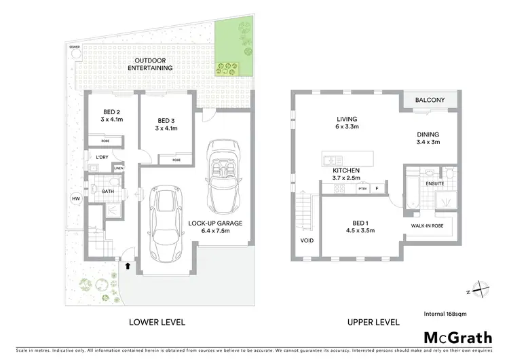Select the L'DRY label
(x=102, y=158)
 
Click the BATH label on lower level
(x=109, y=192)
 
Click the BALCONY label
(x=430, y=101)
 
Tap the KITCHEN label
(x=345, y=170)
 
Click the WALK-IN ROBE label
(x=427, y=224)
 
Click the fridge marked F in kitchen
(x=377, y=188)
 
